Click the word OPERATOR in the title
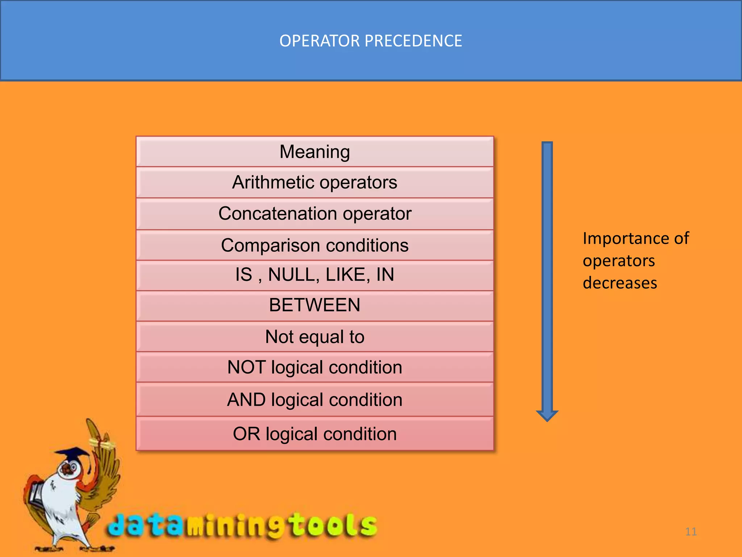(320, 41)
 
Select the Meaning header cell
(314, 152)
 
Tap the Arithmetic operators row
(314, 182)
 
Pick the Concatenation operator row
(314, 214)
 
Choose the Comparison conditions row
(314, 246)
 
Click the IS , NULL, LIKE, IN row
(314, 275)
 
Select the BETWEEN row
(314, 305)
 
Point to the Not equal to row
(314, 337)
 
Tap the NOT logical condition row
(314, 367)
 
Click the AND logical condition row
(314, 400)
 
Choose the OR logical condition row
(314, 434)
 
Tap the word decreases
(620, 283)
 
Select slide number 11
(691, 532)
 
